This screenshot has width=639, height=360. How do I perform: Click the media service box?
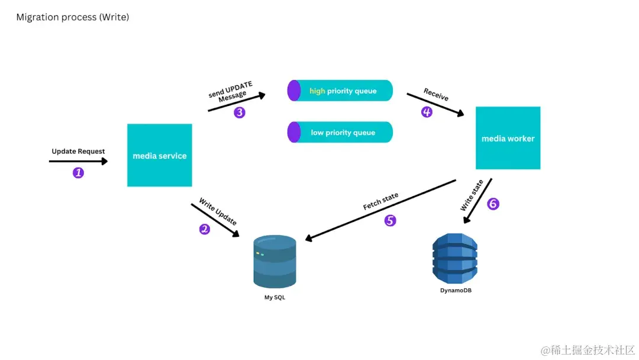(159, 155)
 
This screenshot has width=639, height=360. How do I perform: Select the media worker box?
(508, 138)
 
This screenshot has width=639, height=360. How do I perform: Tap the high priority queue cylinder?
(340, 91)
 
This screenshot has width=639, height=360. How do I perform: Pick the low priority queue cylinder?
(340, 132)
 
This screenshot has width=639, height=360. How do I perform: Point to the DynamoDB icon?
(454, 258)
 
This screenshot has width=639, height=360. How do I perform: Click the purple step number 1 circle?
(78, 173)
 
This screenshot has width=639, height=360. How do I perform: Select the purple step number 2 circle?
(205, 229)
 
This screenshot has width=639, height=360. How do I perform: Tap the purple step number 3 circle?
(239, 112)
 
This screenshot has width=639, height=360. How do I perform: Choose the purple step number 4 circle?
(427, 111)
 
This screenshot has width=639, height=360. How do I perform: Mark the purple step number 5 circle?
(390, 220)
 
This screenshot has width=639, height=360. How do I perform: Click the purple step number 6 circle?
(493, 204)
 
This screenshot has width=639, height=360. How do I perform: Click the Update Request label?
(78, 152)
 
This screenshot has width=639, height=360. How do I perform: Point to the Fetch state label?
(380, 201)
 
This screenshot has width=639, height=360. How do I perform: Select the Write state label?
(472, 195)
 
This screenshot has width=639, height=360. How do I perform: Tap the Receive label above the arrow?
(436, 94)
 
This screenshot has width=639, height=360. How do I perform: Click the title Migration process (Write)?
(73, 17)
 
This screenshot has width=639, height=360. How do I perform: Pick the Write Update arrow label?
(218, 211)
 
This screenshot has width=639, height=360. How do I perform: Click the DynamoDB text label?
(456, 291)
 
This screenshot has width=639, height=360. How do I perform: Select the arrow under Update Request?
(78, 160)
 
